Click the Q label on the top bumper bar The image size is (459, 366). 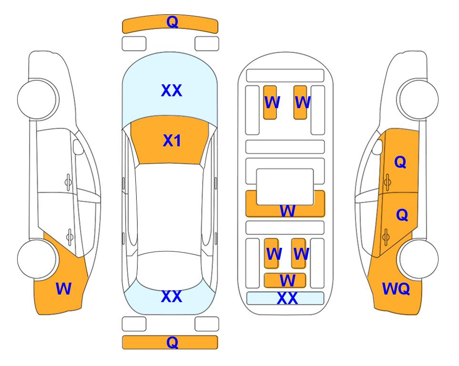pyautogui.click(x=172, y=22)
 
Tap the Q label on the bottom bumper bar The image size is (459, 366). pyautogui.click(x=172, y=342)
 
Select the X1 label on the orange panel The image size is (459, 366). pyautogui.click(x=172, y=141)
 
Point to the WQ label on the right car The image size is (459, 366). pyautogui.click(x=396, y=289)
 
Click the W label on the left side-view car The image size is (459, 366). pyautogui.click(x=63, y=288)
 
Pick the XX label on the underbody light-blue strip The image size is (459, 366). pyautogui.click(x=287, y=298)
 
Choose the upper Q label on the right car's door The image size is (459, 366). pyautogui.click(x=400, y=162)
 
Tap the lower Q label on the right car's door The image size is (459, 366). pyautogui.click(x=402, y=215)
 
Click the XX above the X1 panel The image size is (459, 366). pyautogui.click(x=172, y=91)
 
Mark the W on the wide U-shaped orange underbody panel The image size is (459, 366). pyautogui.click(x=287, y=211)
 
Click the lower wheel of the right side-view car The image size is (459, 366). pyautogui.click(x=418, y=259)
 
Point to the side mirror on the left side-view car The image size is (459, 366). pyautogui.click(x=78, y=147)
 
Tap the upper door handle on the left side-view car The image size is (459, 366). pyautogui.click(x=68, y=183)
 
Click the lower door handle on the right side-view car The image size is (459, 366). pyautogui.click(x=386, y=237)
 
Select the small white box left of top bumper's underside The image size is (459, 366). pyautogui.click(x=134, y=44)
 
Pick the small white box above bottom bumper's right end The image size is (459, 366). pyautogui.click(x=207, y=324)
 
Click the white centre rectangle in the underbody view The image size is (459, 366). pyautogui.click(x=285, y=187)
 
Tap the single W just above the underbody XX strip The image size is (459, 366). pyautogui.click(x=287, y=281)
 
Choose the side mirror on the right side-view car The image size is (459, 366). pyautogui.click(x=378, y=147)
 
